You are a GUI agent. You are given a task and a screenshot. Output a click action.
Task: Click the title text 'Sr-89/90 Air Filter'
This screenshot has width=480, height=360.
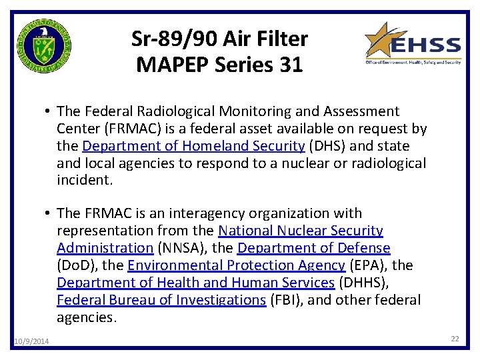(x=219, y=39)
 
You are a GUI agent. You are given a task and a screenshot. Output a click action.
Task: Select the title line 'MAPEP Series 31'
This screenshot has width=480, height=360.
(x=219, y=65)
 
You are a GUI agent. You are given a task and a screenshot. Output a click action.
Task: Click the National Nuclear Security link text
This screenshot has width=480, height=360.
(x=301, y=231)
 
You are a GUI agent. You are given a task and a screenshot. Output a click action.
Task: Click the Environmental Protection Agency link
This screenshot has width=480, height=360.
(x=236, y=265)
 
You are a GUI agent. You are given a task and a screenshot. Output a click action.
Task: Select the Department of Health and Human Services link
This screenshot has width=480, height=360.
(x=196, y=283)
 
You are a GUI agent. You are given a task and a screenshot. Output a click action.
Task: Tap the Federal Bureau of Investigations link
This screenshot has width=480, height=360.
(x=161, y=300)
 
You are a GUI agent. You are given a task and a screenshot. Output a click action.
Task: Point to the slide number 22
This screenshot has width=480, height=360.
(x=455, y=339)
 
